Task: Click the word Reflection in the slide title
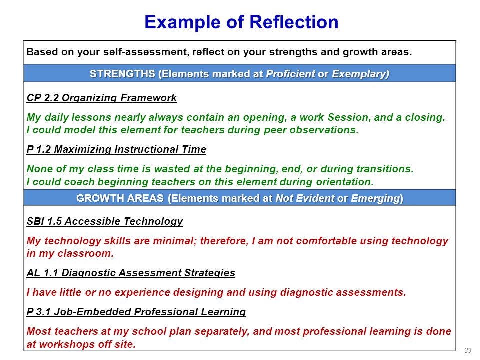tap(294, 22)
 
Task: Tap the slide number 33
tap(468, 350)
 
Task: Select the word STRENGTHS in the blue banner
tap(122, 74)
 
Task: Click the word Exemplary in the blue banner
tap(360, 74)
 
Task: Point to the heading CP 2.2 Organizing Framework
tap(102, 98)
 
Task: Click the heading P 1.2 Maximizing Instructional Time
tap(116, 149)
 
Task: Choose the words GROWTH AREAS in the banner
tap(120, 198)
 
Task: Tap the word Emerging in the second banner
tap(375, 198)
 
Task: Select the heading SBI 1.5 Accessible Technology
tap(105, 221)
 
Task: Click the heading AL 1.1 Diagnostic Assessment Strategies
tap(131, 273)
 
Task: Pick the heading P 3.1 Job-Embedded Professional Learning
tap(136, 312)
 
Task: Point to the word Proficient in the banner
tap(290, 74)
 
